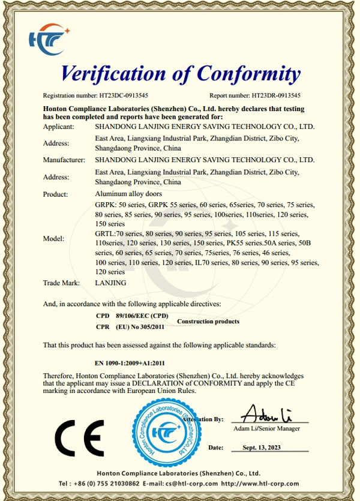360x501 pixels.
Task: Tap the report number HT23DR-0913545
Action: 276,95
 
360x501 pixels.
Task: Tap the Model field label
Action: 53,238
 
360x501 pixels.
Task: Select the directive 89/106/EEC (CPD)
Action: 142,316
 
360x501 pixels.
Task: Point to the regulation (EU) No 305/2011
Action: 142,327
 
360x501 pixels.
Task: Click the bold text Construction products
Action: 208,322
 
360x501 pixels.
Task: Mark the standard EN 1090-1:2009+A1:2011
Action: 130,363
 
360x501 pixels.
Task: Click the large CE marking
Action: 80,440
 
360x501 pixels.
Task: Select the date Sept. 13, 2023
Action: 262,448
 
